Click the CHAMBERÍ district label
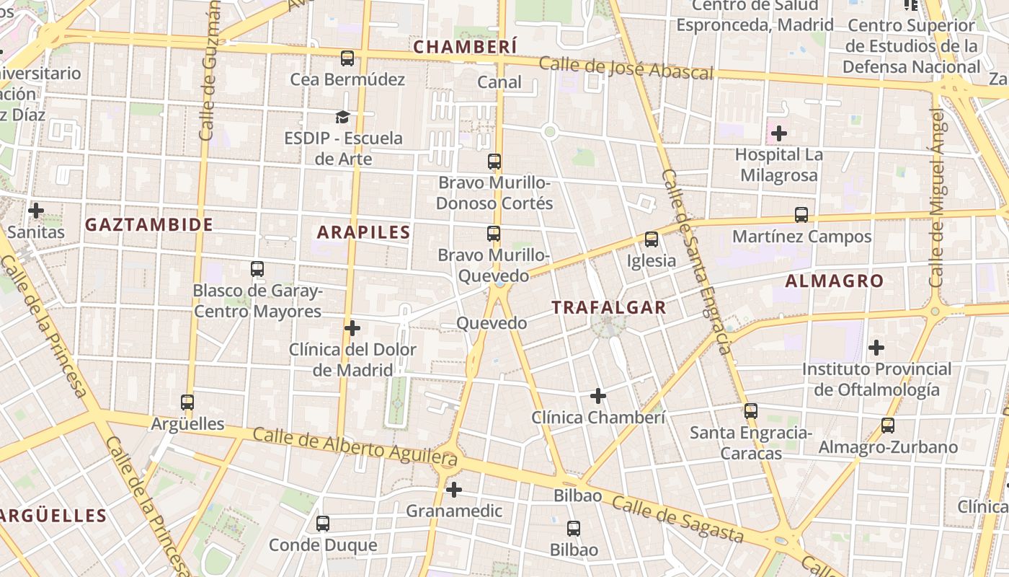tap(465, 47)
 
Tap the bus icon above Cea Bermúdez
tap(347, 58)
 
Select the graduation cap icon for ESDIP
tap(342, 117)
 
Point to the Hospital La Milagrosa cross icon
tap(778, 133)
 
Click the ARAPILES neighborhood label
tap(363, 232)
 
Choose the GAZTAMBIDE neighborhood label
tap(149, 224)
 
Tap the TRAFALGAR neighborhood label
tap(608, 307)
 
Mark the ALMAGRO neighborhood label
tap(834, 281)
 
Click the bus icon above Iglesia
tap(652, 239)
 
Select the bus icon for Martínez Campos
tap(801, 215)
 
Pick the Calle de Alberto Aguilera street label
tap(355, 446)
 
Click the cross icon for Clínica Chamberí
tap(597, 396)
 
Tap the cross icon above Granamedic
tap(453, 490)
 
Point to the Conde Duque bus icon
tap(323, 524)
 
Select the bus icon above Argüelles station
tap(187, 402)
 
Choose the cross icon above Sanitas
tap(35, 211)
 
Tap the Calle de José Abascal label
tap(626, 68)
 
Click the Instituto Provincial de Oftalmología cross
tap(876, 348)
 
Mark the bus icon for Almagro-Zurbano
tap(887, 426)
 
